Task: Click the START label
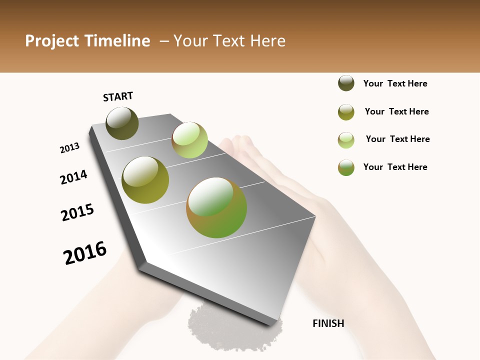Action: click(118, 96)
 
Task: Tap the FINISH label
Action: click(328, 323)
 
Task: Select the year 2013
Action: click(69, 148)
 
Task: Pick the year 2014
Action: click(73, 177)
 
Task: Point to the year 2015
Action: click(77, 212)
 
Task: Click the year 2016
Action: click(85, 253)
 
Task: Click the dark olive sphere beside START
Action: click(122, 123)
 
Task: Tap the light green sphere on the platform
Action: click(189, 140)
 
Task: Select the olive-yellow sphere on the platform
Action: click(145, 180)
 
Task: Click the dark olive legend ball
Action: click(346, 83)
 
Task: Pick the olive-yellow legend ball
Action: click(346, 112)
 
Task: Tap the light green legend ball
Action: click(346, 140)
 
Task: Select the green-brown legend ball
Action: click(346, 167)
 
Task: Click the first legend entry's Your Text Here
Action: click(395, 83)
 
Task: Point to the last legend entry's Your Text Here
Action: click(395, 167)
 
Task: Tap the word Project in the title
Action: click(52, 41)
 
